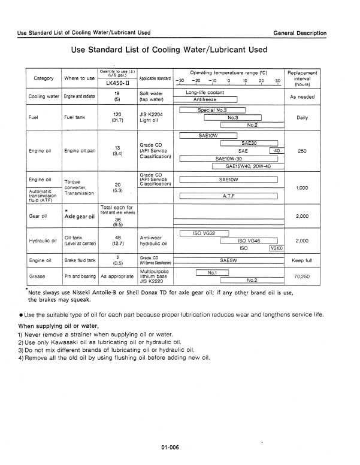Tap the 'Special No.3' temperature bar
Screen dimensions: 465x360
click(212, 110)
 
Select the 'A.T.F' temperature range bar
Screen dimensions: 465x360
click(228, 195)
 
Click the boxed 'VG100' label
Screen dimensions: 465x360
click(277, 248)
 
